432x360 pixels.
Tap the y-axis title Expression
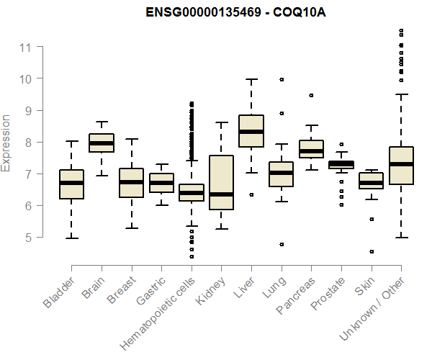pos(6,143)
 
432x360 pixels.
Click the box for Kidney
pos(221,183)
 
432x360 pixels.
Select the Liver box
pos(251,130)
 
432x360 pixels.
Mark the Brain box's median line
pos(101,143)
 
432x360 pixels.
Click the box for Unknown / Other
pos(401,166)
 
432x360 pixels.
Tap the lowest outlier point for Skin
pos(372,251)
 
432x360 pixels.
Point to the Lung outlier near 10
pos(282,79)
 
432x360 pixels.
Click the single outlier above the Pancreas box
pos(311,95)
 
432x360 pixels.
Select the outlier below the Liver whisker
pos(251,194)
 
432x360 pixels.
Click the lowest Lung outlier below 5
pos(282,244)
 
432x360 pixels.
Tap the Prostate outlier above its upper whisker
pos(341,144)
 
